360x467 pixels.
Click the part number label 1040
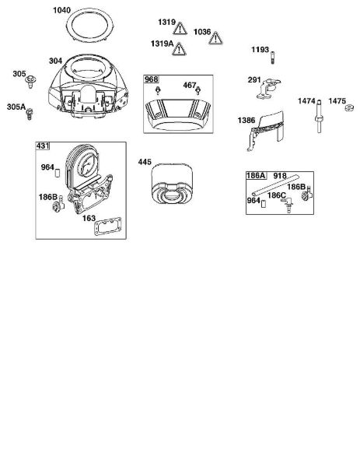(61, 10)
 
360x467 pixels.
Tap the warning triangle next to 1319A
(179, 49)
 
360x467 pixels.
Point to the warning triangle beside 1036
(215, 38)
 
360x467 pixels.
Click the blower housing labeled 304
(89, 86)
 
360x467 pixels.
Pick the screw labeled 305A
(29, 114)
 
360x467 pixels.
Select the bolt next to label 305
(30, 82)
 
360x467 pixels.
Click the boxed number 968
(152, 79)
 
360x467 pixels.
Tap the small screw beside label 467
(197, 90)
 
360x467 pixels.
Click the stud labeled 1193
(272, 58)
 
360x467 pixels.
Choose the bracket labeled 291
(267, 89)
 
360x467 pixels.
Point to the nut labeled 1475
(349, 108)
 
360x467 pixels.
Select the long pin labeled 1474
(319, 116)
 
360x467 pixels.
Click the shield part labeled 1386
(265, 130)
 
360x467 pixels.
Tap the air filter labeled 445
(172, 184)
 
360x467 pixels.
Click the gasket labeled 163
(108, 226)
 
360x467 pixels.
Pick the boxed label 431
(43, 146)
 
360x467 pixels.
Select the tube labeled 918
(275, 185)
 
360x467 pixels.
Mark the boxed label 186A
(256, 175)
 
